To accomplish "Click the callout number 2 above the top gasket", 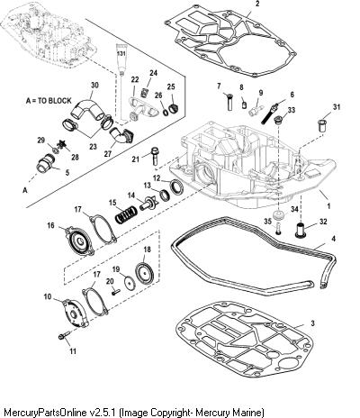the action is (x=258, y=4).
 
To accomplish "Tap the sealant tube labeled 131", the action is (x=121, y=60).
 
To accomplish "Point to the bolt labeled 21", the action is (x=155, y=155).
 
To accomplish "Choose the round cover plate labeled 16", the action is (x=79, y=241).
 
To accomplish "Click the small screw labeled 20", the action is (x=116, y=292).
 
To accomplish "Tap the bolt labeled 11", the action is (x=64, y=335).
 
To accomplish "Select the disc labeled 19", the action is (x=130, y=283).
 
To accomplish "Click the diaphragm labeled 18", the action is (x=144, y=273).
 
